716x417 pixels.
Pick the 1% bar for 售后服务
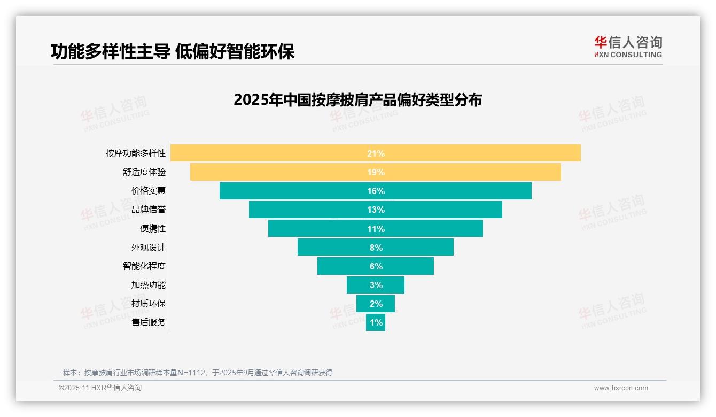376,322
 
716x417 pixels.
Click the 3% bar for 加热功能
376,285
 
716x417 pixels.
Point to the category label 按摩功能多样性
136,153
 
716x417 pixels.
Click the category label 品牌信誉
149,210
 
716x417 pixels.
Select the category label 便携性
153,228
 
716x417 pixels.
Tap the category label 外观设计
149,248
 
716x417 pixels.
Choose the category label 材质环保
149,304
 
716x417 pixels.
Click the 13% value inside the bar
376,210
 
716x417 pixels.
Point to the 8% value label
376,248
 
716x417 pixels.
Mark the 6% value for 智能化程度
376,266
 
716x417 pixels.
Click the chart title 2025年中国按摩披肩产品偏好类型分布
357,100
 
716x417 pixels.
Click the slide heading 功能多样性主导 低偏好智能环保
173,52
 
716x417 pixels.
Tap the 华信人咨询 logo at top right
628,47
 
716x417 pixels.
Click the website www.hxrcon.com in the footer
620,388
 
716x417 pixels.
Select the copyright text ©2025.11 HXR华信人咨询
100,388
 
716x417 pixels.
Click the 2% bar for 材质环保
376,304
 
